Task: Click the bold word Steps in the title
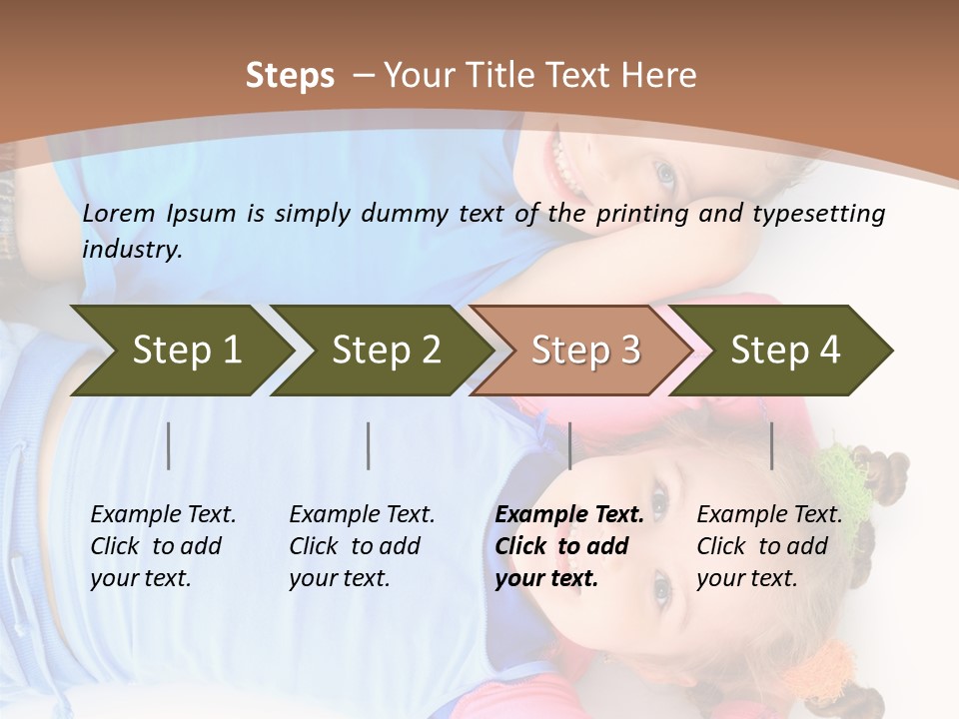click(x=290, y=76)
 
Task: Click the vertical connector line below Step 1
click(x=169, y=445)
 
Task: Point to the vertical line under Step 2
click(x=369, y=445)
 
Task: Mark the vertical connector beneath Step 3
click(x=569, y=445)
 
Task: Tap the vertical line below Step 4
click(x=771, y=445)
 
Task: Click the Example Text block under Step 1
click(x=163, y=546)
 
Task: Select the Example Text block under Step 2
click(x=362, y=546)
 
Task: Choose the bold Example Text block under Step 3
click(x=569, y=546)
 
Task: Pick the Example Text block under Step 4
click(x=769, y=546)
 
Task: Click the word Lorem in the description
click(x=119, y=213)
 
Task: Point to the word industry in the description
click(x=132, y=249)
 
